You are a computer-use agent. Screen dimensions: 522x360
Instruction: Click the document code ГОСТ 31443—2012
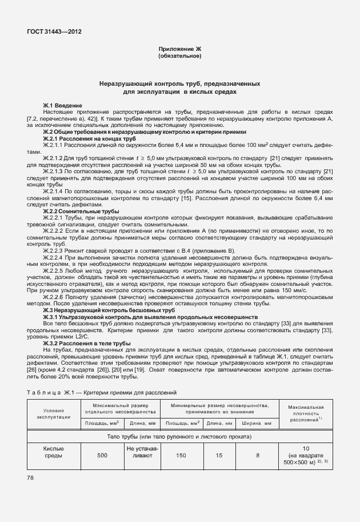53,32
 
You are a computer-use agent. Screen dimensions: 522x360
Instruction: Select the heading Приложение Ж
179,50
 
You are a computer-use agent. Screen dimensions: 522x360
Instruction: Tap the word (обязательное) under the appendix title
179,57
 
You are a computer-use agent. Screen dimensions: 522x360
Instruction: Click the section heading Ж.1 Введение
63,106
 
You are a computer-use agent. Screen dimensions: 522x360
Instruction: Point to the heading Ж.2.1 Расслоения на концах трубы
90,138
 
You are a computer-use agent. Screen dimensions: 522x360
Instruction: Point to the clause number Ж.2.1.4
54,190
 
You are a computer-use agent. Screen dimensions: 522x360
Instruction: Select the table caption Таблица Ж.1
102,393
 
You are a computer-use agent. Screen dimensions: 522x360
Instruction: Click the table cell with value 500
102,455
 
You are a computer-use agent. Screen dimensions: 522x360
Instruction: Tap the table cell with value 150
180,455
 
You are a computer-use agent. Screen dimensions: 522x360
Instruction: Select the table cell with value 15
219,455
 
